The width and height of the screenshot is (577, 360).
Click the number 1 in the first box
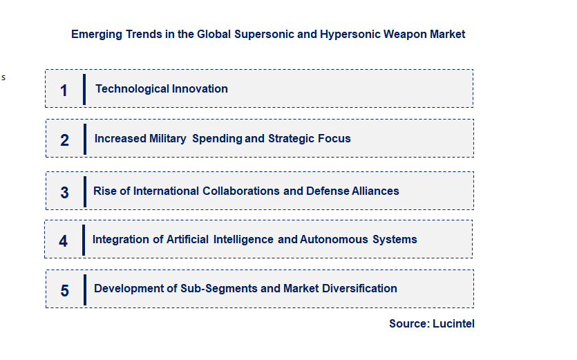[64, 91]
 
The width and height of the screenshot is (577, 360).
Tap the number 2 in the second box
[64, 140]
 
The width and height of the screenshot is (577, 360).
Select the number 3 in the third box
[64, 193]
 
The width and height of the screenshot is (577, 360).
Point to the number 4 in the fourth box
[64, 241]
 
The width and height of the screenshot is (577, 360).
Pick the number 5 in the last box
[64, 291]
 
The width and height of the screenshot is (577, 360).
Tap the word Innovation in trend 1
[200, 88]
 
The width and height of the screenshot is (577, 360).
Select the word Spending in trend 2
[217, 138]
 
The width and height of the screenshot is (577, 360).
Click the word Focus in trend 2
[334, 138]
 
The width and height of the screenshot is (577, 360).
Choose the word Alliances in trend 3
[375, 191]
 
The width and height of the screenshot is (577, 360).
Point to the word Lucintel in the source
[453, 323]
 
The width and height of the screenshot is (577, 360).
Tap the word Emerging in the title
[96, 34]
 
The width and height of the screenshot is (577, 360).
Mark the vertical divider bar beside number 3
[84, 191]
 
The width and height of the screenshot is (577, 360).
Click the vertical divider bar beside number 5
[85, 289]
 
